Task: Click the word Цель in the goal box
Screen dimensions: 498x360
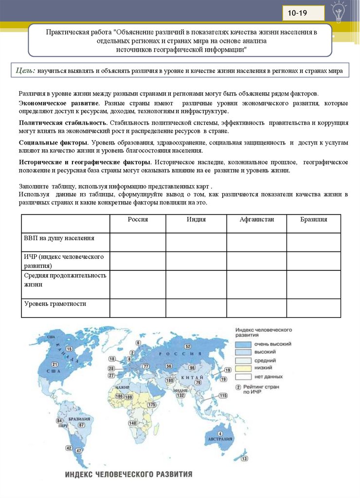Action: (25, 71)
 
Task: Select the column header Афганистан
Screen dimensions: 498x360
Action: (256, 220)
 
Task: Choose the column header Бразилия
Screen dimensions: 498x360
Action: (313, 220)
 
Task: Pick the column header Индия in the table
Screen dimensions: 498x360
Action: (196, 220)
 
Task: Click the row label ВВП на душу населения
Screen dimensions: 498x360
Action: (59, 238)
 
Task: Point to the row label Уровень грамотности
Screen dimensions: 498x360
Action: (55, 304)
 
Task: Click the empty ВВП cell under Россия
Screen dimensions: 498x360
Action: (138, 242)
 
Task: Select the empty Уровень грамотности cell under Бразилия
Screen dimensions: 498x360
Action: (313, 308)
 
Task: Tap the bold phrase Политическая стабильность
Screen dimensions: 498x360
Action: (63, 123)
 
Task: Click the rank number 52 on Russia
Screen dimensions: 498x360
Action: (187, 346)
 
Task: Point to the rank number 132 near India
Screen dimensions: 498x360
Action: (181, 395)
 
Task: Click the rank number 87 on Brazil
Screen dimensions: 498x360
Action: (81, 425)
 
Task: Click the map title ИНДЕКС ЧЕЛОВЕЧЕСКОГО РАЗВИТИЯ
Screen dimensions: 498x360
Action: (128, 474)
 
